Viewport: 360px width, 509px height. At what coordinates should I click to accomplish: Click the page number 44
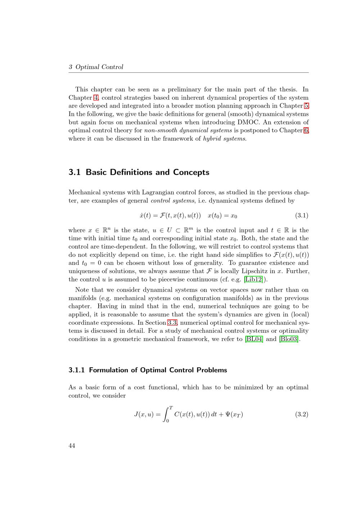pyautogui.click(x=72, y=446)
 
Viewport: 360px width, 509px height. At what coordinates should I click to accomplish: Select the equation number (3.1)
pyautogui.click(x=302, y=216)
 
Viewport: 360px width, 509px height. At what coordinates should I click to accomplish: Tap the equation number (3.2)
pyautogui.click(x=302, y=414)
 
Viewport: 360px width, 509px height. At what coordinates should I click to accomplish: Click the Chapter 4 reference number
pyautogui.click(x=96, y=97)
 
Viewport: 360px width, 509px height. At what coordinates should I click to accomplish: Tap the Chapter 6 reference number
pyautogui.click(x=306, y=130)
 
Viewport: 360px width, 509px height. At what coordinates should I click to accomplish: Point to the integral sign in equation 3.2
pyautogui.click(x=166, y=414)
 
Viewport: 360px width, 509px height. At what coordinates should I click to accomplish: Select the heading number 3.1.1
pyautogui.click(x=76, y=370)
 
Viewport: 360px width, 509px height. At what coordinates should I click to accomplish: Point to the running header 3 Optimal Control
pyautogui.click(x=96, y=67)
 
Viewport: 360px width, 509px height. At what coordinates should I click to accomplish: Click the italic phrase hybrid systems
pyautogui.click(x=225, y=138)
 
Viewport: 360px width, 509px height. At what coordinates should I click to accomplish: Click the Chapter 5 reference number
pyautogui.click(x=306, y=106)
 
